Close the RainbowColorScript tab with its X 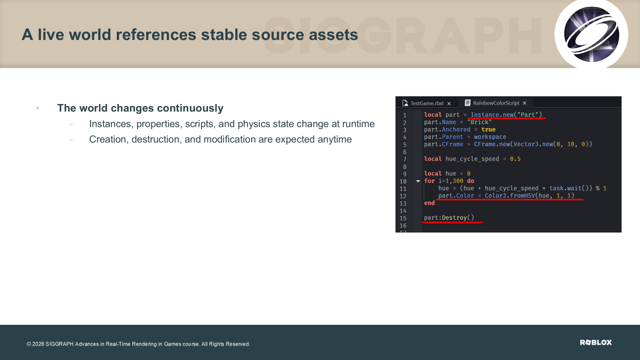click(x=525, y=103)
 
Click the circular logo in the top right click(x=591, y=34)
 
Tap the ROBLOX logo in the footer click(x=596, y=342)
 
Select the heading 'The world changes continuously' click(x=140, y=108)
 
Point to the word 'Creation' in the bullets click(x=107, y=139)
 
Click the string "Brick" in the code click(x=479, y=122)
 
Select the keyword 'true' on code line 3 click(x=489, y=130)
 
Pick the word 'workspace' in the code click(x=490, y=137)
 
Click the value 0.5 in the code click(x=515, y=159)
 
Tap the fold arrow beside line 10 click(x=418, y=181)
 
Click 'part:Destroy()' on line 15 click(x=449, y=218)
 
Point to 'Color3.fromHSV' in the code click(x=510, y=196)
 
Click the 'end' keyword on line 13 click(x=429, y=203)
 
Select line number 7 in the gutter click(x=405, y=159)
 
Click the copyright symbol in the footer click(x=29, y=344)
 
